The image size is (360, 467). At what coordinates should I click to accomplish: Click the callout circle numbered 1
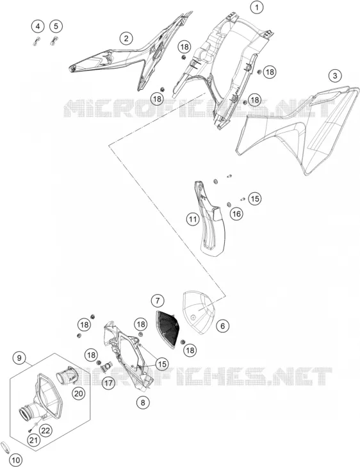coord(257,7)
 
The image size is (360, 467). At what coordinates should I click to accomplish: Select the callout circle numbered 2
coord(126,38)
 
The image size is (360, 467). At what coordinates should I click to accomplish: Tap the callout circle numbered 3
coord(335,76)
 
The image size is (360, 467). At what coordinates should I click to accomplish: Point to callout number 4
coord(38,26)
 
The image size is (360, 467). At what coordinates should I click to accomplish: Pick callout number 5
coord(56,26)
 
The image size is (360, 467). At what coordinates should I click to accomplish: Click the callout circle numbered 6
coord(223,326)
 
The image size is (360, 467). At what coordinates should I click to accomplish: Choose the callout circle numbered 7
coord(158,300)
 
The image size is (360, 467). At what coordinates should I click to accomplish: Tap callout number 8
coord(143,403)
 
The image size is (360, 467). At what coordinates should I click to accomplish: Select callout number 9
coord(20,357)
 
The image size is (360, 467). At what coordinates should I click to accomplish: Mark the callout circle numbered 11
coord(193,220)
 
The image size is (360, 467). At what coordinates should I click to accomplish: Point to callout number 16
coord(236,213)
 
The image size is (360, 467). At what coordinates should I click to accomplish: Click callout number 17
coord(108,382)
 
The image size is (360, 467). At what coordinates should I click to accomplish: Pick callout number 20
coord(78,394)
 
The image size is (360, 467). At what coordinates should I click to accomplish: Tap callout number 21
coord(34,440)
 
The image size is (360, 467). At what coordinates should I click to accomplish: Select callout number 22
coord(46,430)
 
